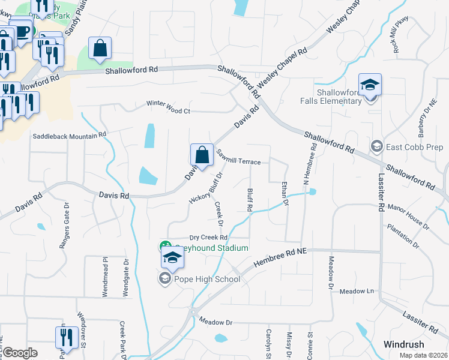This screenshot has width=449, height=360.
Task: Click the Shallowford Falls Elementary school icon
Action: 370,85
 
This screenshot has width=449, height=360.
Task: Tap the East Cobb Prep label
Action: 407,146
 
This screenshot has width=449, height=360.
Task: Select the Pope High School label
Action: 207,279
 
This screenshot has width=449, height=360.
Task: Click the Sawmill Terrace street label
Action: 239,158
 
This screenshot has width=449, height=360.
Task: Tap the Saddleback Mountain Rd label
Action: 70,135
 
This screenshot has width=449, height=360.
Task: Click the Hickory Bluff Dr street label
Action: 206,188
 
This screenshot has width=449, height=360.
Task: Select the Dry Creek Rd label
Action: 208,238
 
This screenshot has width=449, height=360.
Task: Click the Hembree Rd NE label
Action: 280,257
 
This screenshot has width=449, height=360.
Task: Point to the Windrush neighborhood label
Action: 404,344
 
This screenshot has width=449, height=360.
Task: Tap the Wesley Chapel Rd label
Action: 282,67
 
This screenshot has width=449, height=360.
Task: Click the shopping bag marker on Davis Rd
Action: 202,154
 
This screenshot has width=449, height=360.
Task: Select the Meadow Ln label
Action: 357,291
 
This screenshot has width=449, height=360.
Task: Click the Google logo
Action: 20,353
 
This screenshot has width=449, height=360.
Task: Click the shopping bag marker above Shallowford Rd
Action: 100,49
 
